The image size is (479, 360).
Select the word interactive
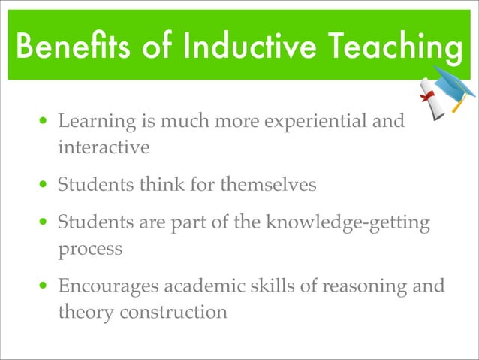(x=104, y=147)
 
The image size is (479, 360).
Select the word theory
(x=83, y=312)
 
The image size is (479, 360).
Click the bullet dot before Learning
(x=46, y=121)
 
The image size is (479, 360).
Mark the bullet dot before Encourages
(x=46, y=286)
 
